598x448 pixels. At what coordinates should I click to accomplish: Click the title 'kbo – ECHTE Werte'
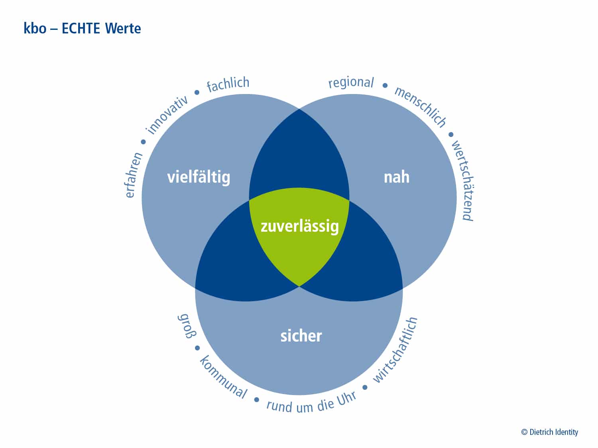pos(82,28)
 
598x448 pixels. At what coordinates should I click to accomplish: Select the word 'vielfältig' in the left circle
pos(199,178)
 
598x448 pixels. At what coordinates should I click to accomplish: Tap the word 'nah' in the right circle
pos(396,177)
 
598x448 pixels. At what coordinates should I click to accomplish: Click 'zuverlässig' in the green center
pos(300,227)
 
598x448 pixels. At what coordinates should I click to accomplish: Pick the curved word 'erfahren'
pos(133,175)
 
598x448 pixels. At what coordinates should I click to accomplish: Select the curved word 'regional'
pos(351,82)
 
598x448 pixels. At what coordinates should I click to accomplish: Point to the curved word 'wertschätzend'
pos(463,181)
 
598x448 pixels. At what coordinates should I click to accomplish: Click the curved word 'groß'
pos(187,326)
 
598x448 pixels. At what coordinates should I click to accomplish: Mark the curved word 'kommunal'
pos(223,377)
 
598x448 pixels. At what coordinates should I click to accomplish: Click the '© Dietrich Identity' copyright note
pos(549,432)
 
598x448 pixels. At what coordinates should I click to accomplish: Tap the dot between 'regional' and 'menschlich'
pos(385,85)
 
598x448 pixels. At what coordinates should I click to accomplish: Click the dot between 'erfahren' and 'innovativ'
pos(143,142)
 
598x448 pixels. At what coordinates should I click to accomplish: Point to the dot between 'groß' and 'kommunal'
pos(197,348)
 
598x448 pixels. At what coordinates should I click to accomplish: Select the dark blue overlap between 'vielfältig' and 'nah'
pos(299,158)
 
